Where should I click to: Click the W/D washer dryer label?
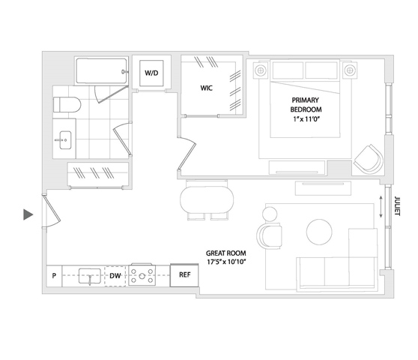151,73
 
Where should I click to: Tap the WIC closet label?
206,88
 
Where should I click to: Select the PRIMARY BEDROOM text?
306,104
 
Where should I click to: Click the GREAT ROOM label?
225,253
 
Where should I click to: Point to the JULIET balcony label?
397,206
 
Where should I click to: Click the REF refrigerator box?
184,275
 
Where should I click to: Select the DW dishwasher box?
115,276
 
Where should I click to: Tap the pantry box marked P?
54,276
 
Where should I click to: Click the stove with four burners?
142,275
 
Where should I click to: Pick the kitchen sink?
90,276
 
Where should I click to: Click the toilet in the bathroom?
67,104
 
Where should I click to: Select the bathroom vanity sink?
64,139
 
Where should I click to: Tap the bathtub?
102,71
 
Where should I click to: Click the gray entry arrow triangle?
28,214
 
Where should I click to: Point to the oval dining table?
207,199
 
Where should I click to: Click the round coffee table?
319,232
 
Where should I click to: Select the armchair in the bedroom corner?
369,159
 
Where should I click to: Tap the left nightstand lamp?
261,70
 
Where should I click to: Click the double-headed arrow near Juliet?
381,206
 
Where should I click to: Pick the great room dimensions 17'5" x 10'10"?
226,262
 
